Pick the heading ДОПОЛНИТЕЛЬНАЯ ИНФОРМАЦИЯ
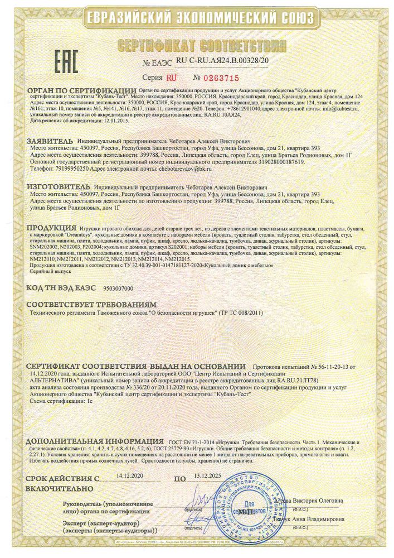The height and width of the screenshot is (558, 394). [x=91, y=441]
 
